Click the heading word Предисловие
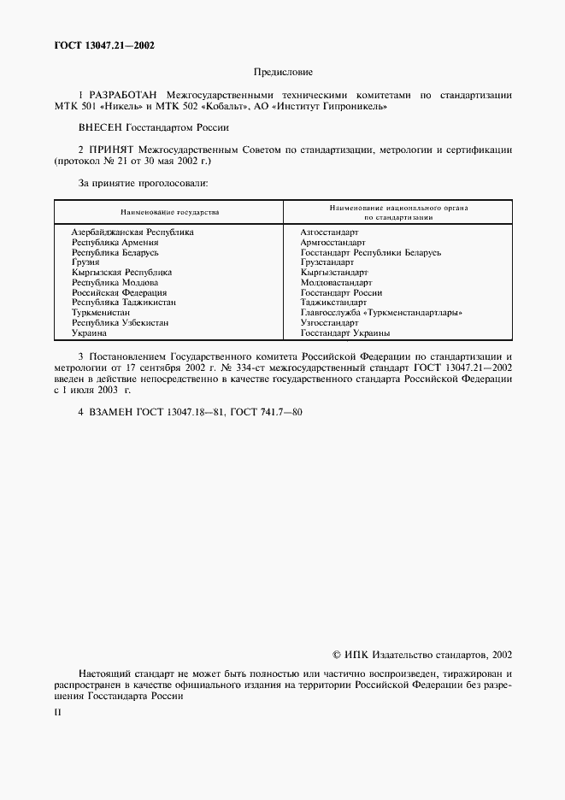pos(282,72)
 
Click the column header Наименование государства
pos(169,210)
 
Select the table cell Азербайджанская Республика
pos(132,232)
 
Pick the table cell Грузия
pos(85,262)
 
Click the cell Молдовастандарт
pos(336,282)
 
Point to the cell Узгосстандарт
pos(330,323)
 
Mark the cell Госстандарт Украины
pos(345,333)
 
